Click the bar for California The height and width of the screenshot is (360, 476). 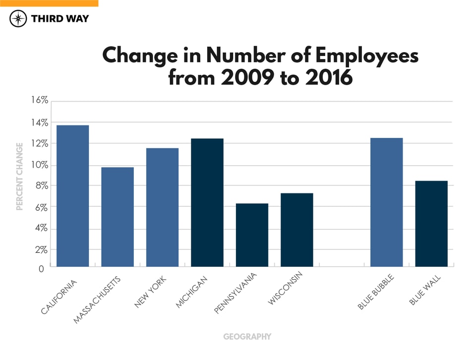coord(73,196)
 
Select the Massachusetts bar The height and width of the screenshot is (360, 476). coord(118,217)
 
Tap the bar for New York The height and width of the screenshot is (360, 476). coord(162,207)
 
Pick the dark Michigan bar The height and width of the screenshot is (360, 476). coord(207,202)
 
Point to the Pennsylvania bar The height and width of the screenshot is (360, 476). coord(252,235)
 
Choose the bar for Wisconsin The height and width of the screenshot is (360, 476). coord(297,230)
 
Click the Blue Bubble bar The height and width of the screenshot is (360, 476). coord(387,202)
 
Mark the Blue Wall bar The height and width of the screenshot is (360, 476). coord(431,224)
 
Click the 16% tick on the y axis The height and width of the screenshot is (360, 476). coord(38,100)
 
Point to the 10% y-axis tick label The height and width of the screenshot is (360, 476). coord(38,165)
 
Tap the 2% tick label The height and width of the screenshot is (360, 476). coord(40,249)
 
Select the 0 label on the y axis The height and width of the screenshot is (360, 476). coord(42,269)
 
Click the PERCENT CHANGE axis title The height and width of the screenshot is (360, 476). coord(20,177)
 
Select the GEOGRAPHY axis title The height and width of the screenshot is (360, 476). coord(247,337)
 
